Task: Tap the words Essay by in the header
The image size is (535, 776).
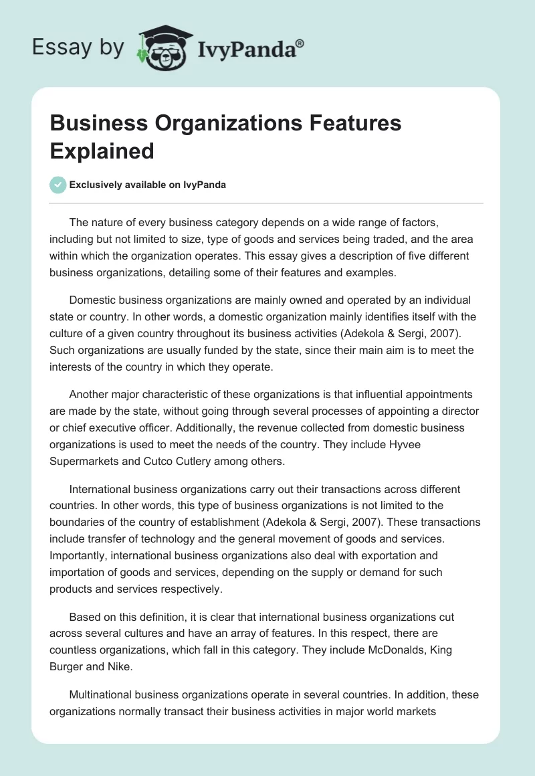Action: pyautogui.click(x=78, y=47)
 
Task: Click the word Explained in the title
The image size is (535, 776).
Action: pyautogui.click(x=102, y=151)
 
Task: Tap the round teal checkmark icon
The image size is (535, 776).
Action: pyautogui.click(x=58, y=185)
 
